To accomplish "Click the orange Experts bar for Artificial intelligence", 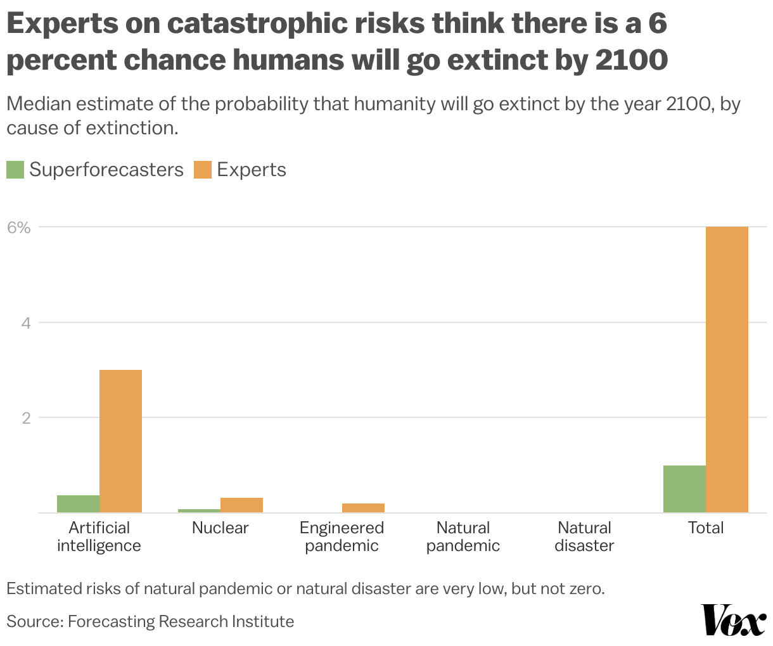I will [120, 441].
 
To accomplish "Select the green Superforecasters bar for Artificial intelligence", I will [78, 503].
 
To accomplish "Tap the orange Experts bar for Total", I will [727, 369].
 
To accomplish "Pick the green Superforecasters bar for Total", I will [684, 489].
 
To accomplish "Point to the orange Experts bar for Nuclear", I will [241, 505].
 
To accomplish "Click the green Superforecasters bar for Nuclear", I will [199, 510].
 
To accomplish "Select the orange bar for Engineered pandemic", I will [363, 508].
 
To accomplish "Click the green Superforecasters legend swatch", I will [15, 170].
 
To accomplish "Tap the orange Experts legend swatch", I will [202, 170].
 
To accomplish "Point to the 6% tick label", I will [19, 227].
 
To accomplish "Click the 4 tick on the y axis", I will [26, 323].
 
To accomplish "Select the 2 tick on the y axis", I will [26, 418].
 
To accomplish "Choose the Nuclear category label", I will [220, 528].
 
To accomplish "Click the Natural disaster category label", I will [584, 536].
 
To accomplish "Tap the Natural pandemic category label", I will [463, 536].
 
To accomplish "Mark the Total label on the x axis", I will [706, 528].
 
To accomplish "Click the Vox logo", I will [733, 620].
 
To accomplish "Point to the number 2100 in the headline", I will [631, 60].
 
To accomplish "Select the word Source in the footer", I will [33, 621].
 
